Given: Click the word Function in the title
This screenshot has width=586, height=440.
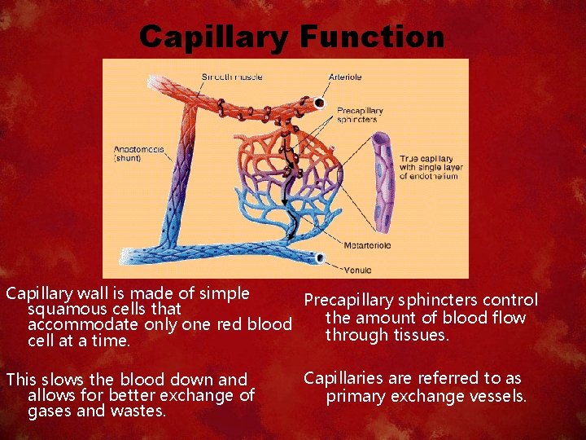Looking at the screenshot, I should (372, 37).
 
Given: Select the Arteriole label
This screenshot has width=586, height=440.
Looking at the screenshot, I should (345, 77).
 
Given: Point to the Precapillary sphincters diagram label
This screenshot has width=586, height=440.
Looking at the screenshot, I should (356, 115).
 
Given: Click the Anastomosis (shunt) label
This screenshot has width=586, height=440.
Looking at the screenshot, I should (139, 154).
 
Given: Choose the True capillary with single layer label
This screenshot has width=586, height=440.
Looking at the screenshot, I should (427, 167).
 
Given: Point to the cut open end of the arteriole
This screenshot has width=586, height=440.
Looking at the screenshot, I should (319, 104).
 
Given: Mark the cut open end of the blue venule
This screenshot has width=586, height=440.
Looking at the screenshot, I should (319, 258).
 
